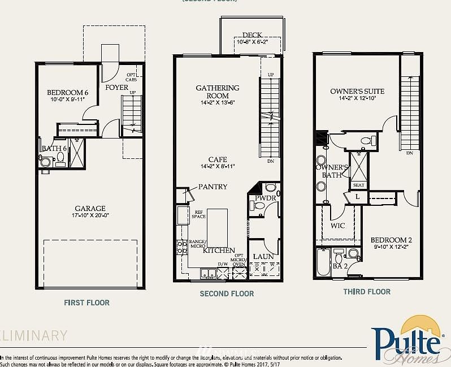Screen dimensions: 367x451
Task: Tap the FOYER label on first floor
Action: (117, 88)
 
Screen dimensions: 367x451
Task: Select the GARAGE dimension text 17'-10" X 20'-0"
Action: (90, 215)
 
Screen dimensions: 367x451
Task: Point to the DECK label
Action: (252, 35)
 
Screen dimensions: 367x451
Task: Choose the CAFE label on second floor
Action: (218, 159)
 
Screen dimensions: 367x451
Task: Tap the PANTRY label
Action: (213, 187)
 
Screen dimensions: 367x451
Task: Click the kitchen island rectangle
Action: (217, 226)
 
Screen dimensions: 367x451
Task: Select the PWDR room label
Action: (264, 198)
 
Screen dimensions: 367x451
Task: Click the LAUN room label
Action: (263, 257)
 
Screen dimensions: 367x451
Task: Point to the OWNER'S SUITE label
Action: (357, 91)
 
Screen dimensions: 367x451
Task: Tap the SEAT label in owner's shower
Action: (358, 185)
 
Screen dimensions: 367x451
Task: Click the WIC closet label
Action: (338, 226)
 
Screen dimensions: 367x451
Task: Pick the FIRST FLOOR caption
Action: (86, 303)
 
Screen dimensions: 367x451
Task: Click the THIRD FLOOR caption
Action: (367, 292)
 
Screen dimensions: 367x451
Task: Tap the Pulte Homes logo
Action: (406, 340)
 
